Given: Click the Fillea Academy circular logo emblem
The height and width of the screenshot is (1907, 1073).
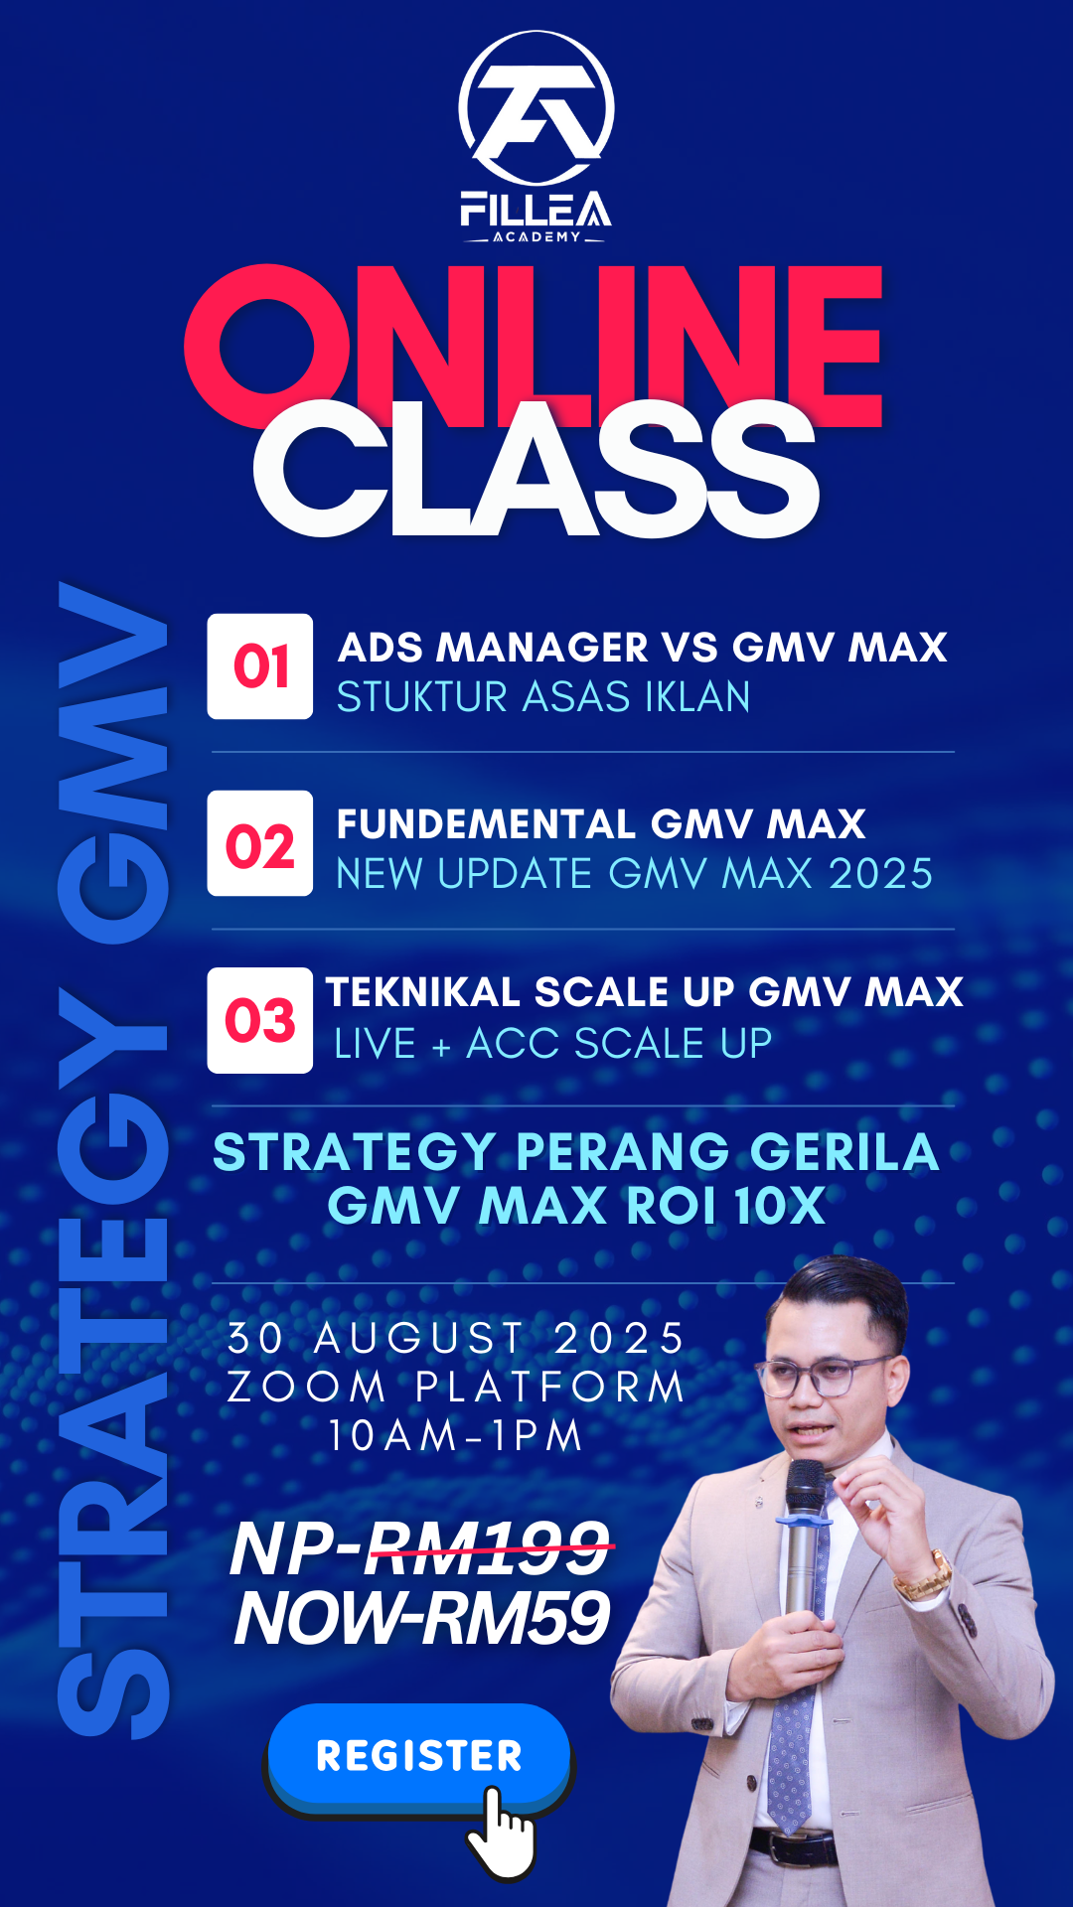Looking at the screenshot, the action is point(536,107).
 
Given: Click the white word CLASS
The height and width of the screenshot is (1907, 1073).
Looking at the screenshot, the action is point(536,469).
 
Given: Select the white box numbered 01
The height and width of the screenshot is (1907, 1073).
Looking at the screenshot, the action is point(260,665).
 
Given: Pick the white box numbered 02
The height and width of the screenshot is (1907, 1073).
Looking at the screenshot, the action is point(260,843).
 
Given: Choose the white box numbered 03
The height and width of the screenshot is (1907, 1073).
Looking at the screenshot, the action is point(260,1020).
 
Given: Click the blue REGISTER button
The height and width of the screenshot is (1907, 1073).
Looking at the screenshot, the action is point(418,1755).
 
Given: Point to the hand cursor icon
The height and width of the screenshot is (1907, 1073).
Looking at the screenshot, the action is point(502,1832).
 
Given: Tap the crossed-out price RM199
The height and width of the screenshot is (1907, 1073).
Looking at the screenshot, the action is point(487,1548).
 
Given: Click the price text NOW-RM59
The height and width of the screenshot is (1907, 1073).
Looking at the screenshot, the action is point(422,1618).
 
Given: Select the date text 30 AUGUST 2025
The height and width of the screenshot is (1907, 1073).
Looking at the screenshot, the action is point(456,1338).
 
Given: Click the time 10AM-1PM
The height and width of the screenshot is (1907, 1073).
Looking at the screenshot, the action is point(456,1435).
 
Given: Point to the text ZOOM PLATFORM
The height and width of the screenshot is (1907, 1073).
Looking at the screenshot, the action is point(456,1387).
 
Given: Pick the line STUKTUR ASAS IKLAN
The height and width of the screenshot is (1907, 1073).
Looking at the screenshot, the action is point(543,697).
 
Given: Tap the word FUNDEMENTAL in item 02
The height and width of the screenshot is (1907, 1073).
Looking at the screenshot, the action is point(486,824).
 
